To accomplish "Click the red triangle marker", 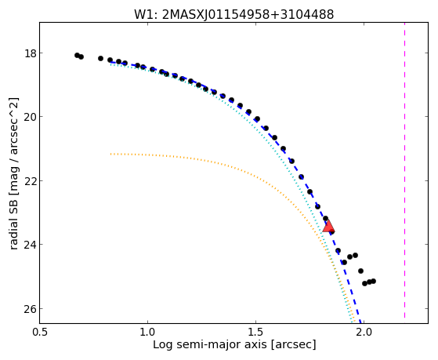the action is point(328,227).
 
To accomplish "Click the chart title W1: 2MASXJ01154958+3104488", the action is point(233,14).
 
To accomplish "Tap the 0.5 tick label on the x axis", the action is point(40,333).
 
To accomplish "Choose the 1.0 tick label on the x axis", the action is point(147,333).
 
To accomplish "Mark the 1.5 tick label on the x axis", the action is point(255,333).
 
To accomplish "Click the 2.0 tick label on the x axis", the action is point(364,333).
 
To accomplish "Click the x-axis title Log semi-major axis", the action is point(210,345).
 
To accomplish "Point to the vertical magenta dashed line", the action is point(404,170).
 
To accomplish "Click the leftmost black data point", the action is point(77,55).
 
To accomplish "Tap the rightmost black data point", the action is point(374,281).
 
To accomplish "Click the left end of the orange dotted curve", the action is point(111,154).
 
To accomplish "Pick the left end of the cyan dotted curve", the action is point(111,64).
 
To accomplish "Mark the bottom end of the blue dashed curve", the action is point(360,323).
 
